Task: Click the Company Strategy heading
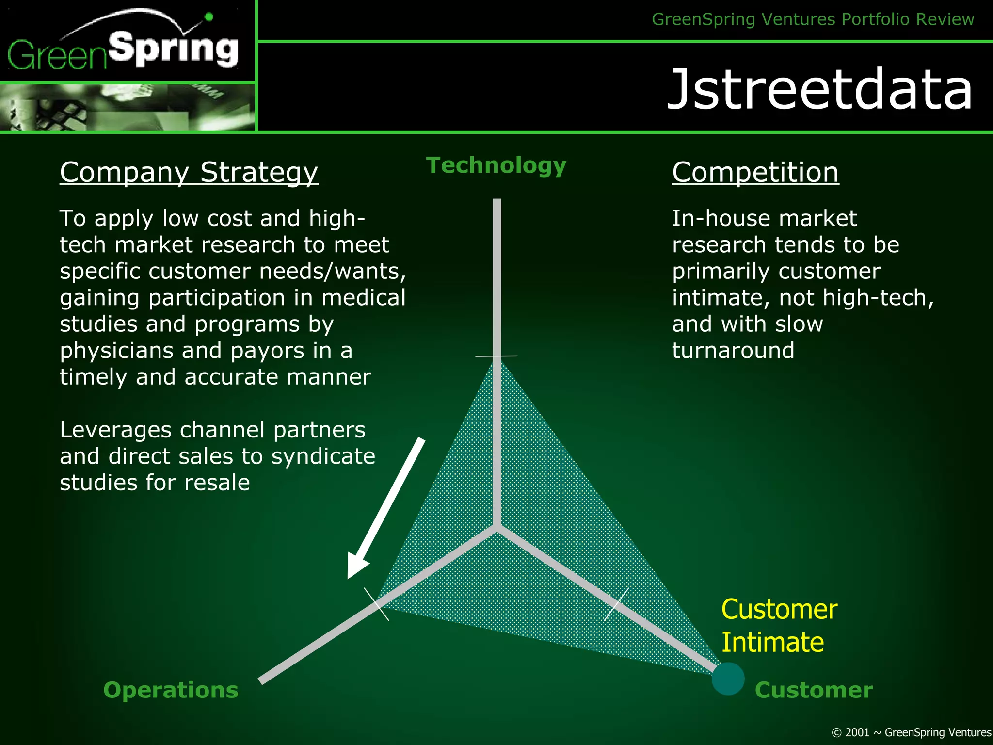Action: [x=189, y=172]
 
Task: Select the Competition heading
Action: [x=755, y=172]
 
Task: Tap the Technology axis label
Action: [x=496, y=165]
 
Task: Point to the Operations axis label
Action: [x=171, y=690]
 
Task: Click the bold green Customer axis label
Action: [x=814, y=690]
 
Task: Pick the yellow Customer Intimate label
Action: [x=778, y=626]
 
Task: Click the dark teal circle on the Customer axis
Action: [x=728, y=679]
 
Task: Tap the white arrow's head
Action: [x=357, y=568]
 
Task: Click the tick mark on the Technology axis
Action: [x=496, y=356]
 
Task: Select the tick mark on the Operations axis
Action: [x=377, y=604]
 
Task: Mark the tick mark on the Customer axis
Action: [x=616, y=604]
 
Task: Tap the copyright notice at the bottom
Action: [x=911, y=732]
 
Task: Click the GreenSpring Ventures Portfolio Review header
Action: [x=813, y=19]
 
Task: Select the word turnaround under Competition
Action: [x=733, y=350]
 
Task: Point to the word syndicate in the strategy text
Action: [x=323, y=456]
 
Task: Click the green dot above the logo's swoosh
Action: [x=209, y=17]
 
